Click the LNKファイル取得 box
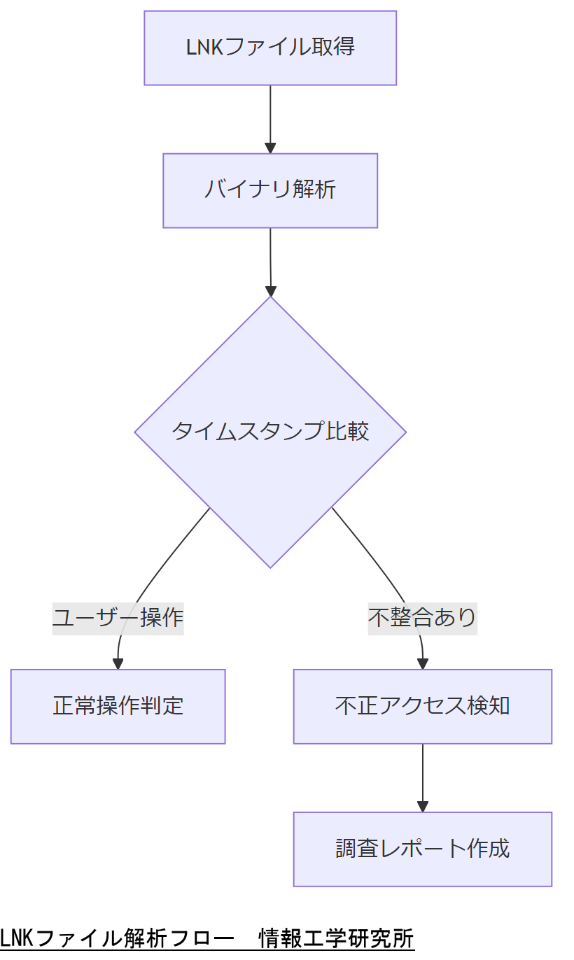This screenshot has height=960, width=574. [x=270, y=48]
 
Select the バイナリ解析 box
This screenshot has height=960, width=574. [x=270, y=190]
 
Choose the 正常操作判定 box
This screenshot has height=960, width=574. [x=118, y=706]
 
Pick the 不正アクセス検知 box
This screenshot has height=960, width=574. [x=422, y=706]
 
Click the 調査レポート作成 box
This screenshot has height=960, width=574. [x=422, y=849]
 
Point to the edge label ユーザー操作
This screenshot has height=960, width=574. [x=118, y=617]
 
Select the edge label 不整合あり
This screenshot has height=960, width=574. [x=422, y=617]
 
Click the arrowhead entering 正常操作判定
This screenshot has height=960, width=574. [x=118, y=663]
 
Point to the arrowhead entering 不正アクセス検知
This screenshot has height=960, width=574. [x=422, y=663]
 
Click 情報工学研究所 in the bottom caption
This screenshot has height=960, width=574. [x=336, y=938]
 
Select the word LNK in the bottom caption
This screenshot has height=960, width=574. [x=16, y=938]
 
